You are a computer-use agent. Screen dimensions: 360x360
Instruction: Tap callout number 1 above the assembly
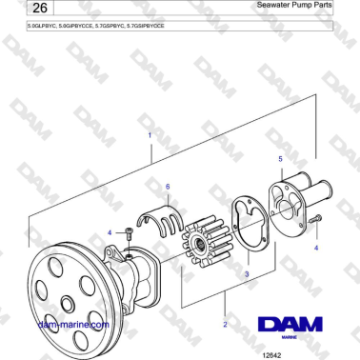tap(149, 135)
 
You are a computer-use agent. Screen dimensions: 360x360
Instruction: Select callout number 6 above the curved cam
tap(168, 187)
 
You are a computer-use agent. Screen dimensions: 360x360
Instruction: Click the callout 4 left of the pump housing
tap(110, 231)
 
